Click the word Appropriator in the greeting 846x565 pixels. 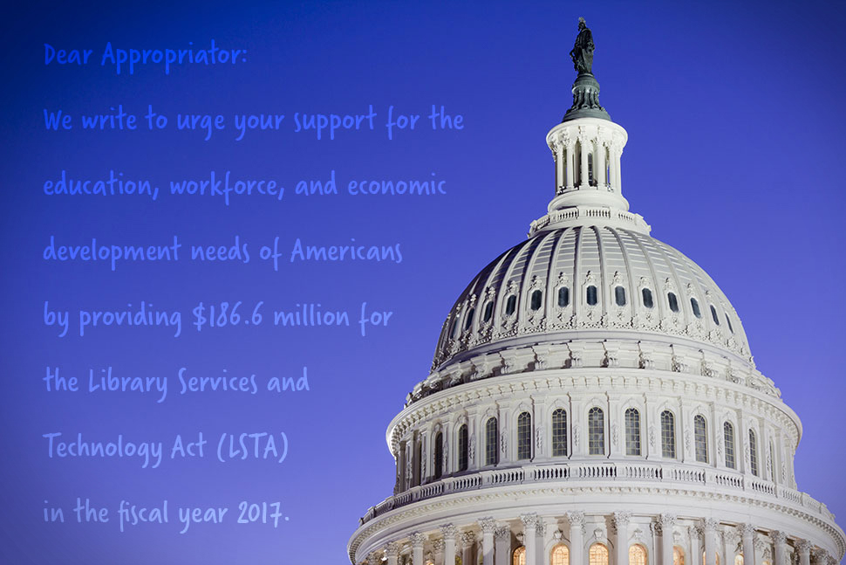(x=174, y=56)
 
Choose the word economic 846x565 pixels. (x=397, y=185)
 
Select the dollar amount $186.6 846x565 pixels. (x=228, y=316)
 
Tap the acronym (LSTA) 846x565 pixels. (x=253, y=447)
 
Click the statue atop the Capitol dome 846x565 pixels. (x=583, y=47)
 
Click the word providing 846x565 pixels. (x=130, y=318)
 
